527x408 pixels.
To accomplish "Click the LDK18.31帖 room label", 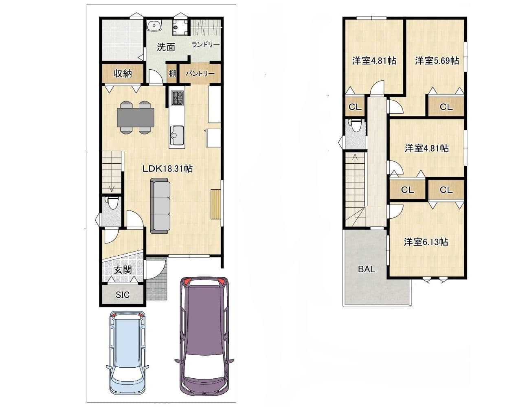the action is [167, 169].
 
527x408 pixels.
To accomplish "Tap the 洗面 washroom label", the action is [166, 47].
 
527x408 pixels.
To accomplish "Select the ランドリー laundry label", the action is [205, 44].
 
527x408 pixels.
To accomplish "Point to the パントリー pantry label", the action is [200, 73].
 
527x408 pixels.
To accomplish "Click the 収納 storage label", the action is [123, 73].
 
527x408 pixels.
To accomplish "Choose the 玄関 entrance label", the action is [123, 270].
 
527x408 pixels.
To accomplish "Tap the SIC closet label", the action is [123, 295].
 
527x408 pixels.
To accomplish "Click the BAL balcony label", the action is [367, 269].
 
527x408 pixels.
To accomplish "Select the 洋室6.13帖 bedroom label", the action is [426, 242].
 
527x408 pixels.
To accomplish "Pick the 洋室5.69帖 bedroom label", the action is [437, 60].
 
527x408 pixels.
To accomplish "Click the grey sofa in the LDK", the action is [160, 206].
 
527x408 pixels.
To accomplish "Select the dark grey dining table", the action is [135, 117].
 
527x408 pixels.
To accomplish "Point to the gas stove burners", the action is [178, 98].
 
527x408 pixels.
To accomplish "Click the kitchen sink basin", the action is [177, 135].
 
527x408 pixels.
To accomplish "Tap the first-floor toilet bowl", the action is [112, 204].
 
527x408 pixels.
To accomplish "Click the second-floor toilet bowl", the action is [356, 125].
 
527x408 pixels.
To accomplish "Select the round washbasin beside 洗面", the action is [154, 25].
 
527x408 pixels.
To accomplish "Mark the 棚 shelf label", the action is [172, 73].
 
